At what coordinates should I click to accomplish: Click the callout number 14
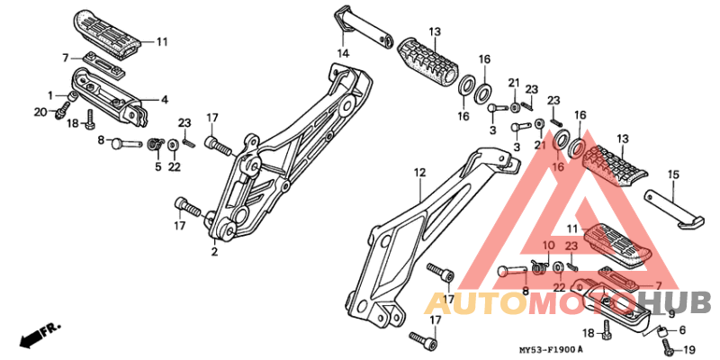pos(344,54)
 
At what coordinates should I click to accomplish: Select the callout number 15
pos(673,175)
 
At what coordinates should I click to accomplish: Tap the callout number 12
pos(419,173)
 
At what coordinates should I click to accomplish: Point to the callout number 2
pos(214,252)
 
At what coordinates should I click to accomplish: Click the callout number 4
pos(164,99)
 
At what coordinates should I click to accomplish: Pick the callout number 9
pos(671,314)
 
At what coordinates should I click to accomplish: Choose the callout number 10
pos(549,247)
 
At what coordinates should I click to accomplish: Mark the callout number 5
pos(158,167)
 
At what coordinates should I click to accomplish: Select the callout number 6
pos(682,330)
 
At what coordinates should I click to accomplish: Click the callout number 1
pos(50,96)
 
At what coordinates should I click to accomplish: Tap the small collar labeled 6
pos(663,331)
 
